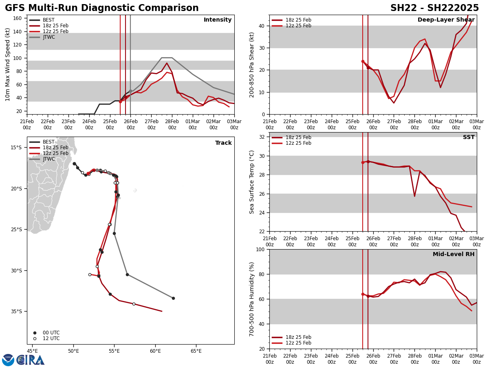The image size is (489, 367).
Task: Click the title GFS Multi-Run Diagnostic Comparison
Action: coord(102,8)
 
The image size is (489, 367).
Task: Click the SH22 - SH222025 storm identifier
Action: coord(434,8)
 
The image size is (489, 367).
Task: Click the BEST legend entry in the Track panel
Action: coord(48,142)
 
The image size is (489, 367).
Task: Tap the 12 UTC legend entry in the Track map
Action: coord(51,338)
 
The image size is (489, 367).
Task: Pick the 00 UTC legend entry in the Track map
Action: coord(51,333)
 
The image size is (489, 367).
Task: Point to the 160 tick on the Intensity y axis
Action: coord(18,18)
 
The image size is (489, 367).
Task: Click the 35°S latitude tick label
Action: coord(16,312)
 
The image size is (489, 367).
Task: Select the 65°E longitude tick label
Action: coord(196,351)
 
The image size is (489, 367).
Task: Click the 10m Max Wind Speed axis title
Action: coord(7,64)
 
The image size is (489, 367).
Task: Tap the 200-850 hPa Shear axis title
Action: coord(252,64)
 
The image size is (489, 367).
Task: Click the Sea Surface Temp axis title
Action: coord(252,182)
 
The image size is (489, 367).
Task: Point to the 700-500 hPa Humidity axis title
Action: coord(252,299)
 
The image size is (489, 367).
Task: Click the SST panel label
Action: coord(469,137)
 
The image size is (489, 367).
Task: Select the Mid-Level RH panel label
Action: coord(454,254)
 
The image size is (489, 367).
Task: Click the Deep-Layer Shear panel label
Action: coord(446,20)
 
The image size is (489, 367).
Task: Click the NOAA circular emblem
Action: coord(8,360)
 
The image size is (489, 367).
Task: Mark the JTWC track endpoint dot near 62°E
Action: coord(173,298)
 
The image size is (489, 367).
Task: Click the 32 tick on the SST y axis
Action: coord(262,137)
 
